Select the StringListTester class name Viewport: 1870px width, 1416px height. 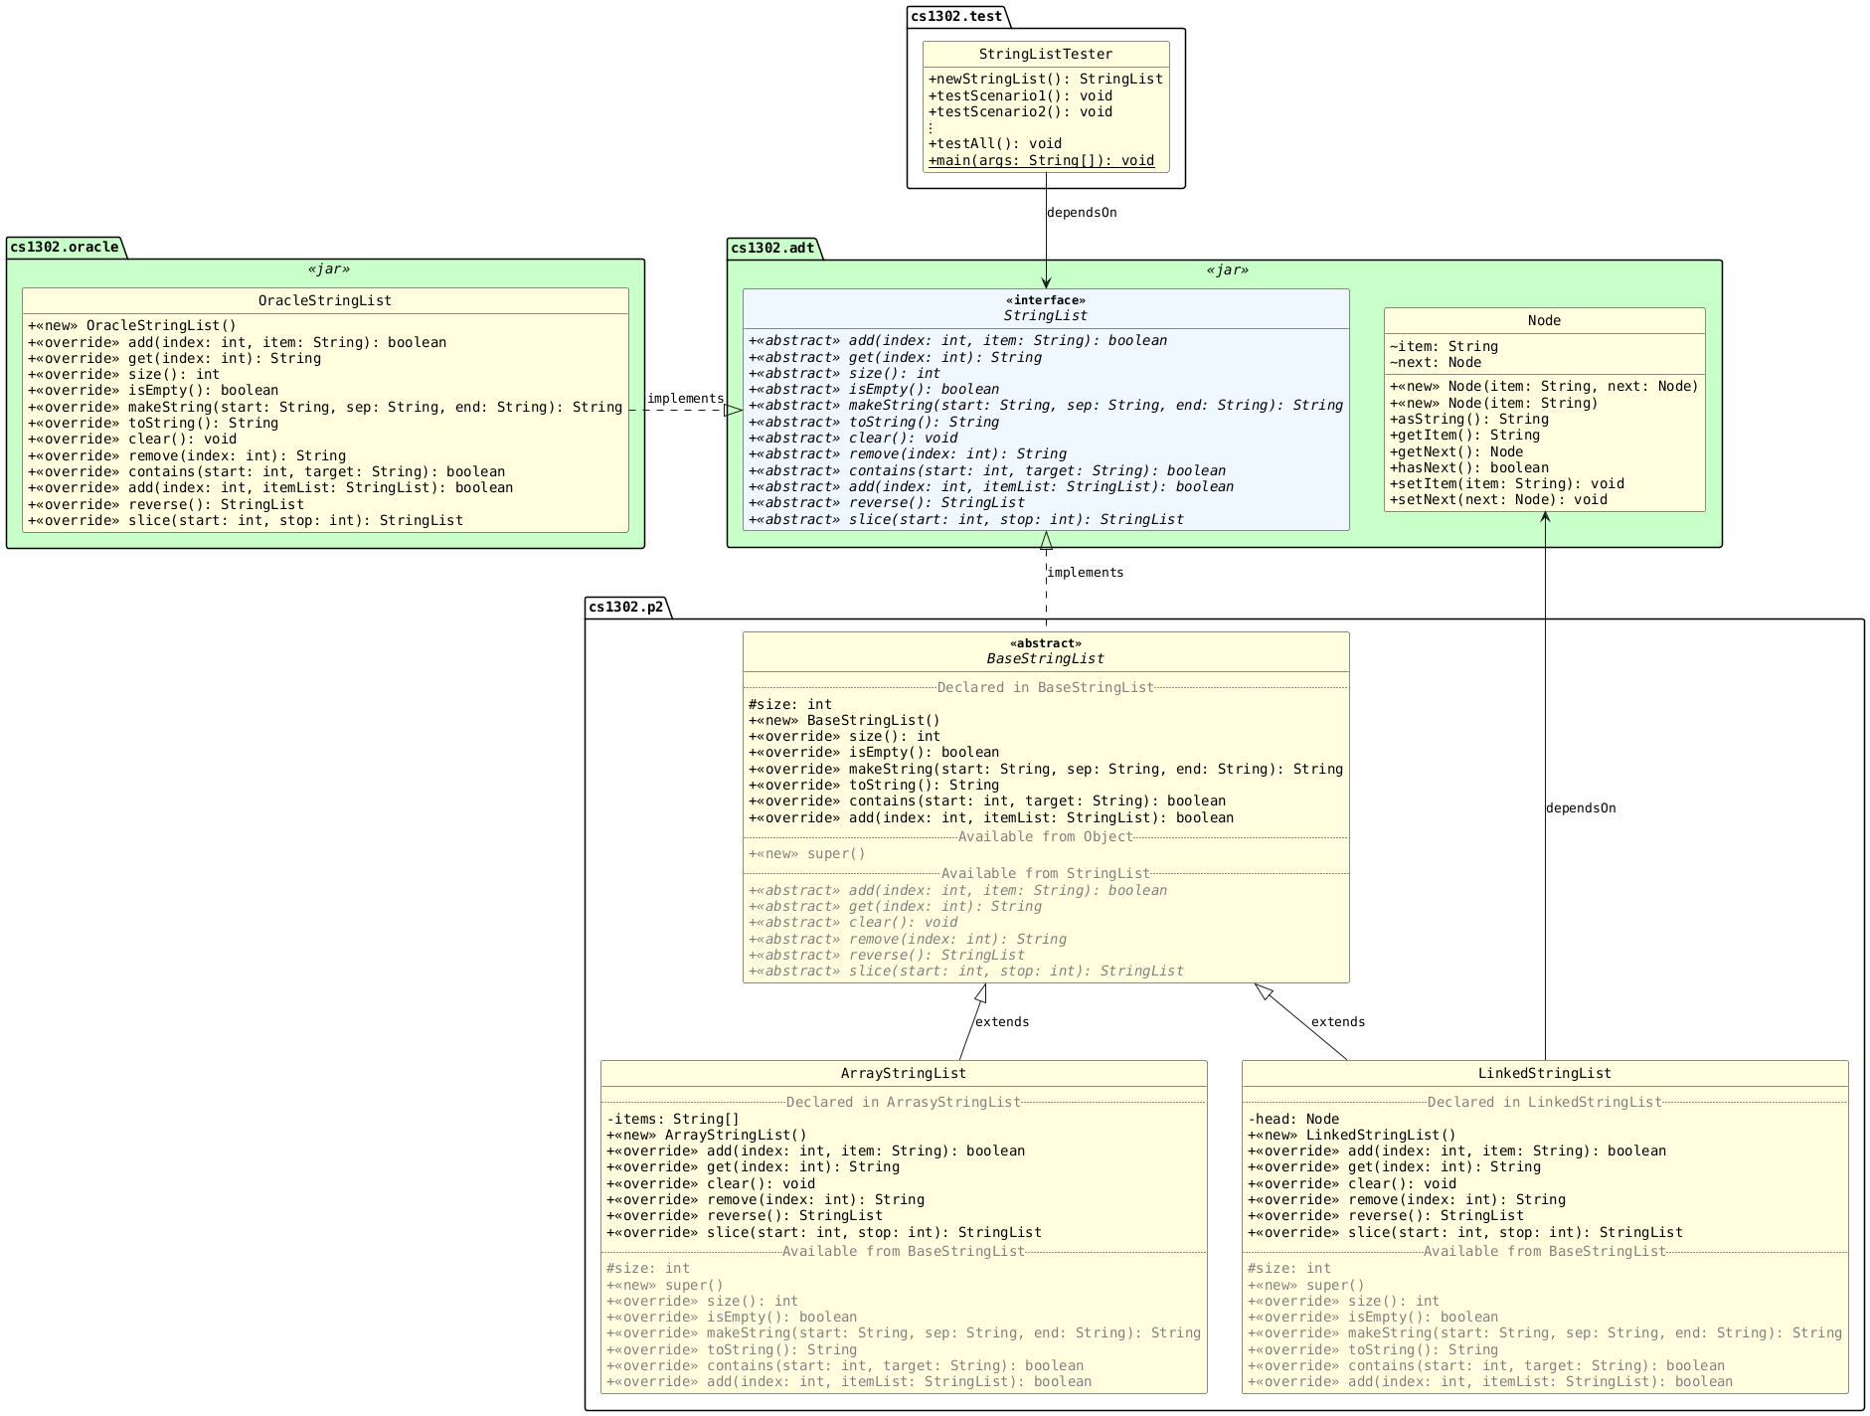(1045, 54)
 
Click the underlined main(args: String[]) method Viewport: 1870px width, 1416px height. (1041, 160)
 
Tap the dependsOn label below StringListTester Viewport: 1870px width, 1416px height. (1082, 213)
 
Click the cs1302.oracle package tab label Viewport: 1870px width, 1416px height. (65, 247)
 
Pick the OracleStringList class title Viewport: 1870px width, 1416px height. (324, 300)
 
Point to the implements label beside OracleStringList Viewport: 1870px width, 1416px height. (685, 399)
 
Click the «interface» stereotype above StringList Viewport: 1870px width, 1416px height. (1045, 300)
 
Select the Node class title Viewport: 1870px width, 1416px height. (1543, 320)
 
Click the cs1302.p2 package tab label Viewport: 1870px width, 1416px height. (625, 607)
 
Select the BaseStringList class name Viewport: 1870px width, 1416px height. (1045, 658)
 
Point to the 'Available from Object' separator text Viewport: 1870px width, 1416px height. (1045, 836)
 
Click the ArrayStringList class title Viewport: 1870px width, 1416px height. (903, 1073)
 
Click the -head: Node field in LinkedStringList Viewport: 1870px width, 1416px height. (1293, 1119)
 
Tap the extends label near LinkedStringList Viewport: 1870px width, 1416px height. (1337, 1022)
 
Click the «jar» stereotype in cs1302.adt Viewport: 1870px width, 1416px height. (1227, 269)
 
